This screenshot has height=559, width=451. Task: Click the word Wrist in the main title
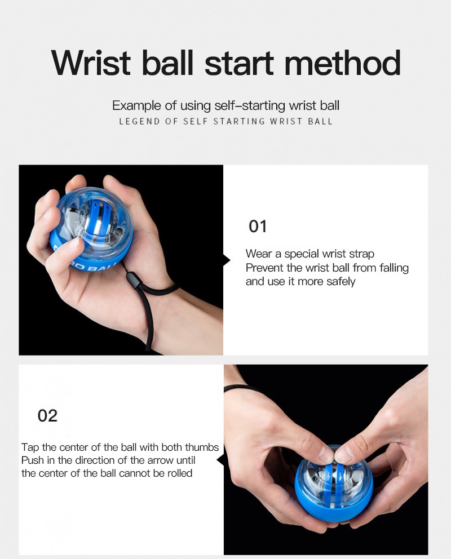91,63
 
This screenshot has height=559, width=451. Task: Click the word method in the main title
342,63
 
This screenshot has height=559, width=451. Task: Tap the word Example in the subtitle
136,106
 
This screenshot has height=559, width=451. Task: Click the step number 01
258,227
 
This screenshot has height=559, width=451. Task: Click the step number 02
47,416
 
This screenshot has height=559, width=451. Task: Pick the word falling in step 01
394,268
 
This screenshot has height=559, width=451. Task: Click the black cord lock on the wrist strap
132,277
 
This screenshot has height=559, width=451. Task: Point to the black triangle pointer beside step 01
227,260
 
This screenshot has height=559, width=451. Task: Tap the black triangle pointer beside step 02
220,460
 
